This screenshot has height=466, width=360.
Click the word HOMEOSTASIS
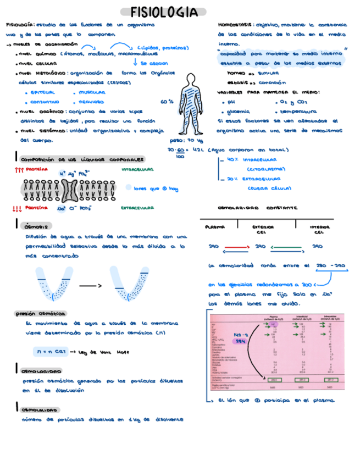tap(235, 25)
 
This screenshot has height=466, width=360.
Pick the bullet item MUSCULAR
tap(92, 93)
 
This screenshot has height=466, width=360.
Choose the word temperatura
tap(298, 112)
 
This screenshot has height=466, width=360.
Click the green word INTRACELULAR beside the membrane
tap(137, 170)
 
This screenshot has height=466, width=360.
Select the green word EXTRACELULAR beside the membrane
tap(137, 208)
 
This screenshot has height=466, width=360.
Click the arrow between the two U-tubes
tap(91, 286)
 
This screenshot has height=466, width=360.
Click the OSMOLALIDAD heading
tap(41, 410)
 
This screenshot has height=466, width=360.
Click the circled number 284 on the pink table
tap(240, 341)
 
